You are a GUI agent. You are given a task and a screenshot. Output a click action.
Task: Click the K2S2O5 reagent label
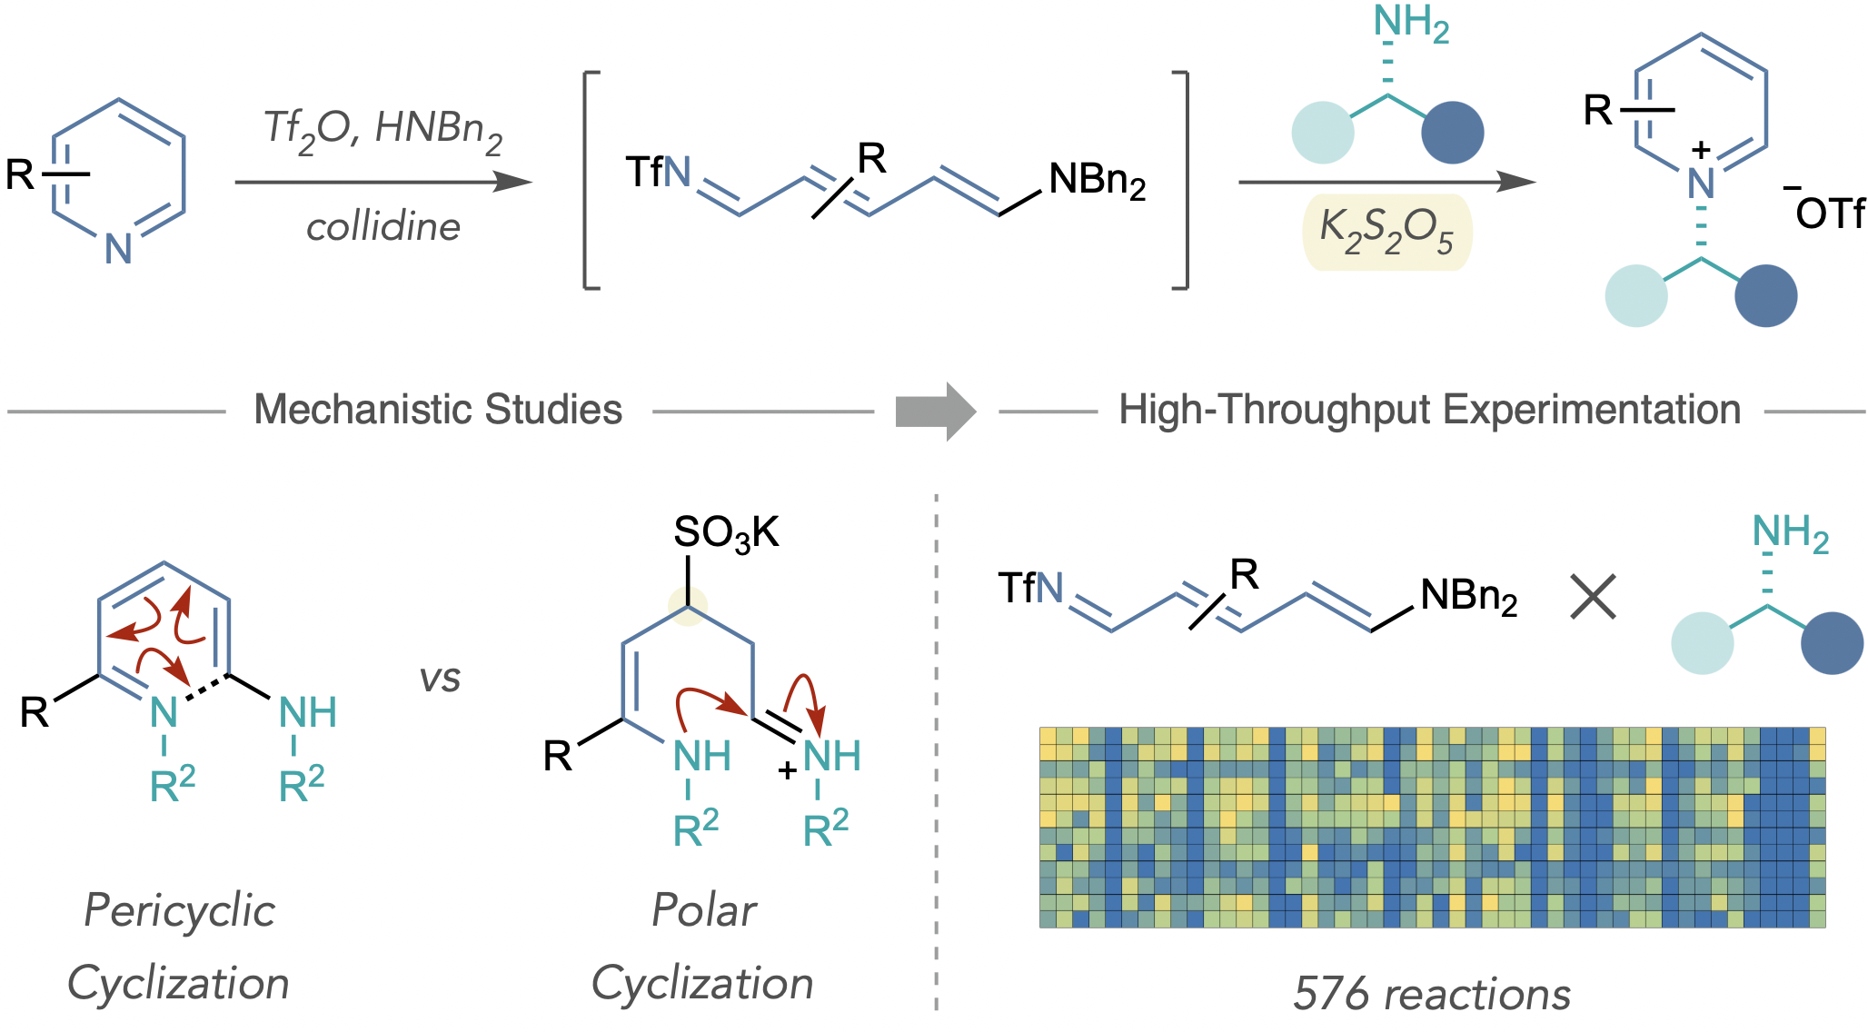[1386, 233]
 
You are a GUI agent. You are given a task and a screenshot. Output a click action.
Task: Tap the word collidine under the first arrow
[383, 227]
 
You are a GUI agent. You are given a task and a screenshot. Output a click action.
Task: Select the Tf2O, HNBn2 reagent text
[383, 130]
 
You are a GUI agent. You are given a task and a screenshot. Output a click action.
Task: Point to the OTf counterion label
[1828, 214]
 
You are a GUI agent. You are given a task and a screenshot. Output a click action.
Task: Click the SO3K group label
[725, 533]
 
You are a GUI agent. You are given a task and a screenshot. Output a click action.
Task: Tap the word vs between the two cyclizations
[440, 679]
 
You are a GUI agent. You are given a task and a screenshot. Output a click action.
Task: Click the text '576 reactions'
[1431, 994]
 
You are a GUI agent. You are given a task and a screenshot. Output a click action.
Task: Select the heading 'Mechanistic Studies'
[438, 410]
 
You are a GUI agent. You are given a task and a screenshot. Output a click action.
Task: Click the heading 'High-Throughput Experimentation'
[1429, 410]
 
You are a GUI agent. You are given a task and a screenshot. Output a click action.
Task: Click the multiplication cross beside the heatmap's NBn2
[1593, 597]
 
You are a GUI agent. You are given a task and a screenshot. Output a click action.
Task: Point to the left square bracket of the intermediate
[590, 180]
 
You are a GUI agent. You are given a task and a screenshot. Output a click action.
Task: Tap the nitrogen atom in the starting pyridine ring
[118, 248]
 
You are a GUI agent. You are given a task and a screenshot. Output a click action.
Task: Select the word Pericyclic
[179, 910]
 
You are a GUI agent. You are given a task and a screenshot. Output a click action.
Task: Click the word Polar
[703, 910]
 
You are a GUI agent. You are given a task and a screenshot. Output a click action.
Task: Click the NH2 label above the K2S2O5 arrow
[1409, 24]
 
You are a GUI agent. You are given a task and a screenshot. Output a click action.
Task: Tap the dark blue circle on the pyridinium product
[1765, 295]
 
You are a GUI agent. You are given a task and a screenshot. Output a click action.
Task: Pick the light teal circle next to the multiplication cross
[1702, 642]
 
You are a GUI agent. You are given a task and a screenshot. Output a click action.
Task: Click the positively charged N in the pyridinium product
[1701, 184]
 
